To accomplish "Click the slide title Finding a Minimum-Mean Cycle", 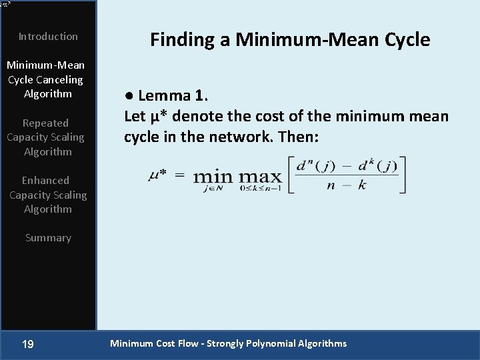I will [x=290, y=39].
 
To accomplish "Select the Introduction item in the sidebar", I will [x=48, y=37].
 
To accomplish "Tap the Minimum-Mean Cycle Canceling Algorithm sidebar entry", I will [x=46, y=79].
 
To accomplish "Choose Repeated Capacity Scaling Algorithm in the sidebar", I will [x=45, y=137].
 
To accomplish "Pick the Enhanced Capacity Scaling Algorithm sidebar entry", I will [x=47, y=195].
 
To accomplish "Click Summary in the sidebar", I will [x=48, y=238].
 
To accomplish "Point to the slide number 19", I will [x=28, y=344].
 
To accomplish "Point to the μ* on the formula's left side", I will [x=157, y=175].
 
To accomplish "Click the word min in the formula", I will [x=213, y=177].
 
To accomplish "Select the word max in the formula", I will [x=260, y=177].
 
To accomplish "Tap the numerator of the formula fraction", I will [x=346, y=166].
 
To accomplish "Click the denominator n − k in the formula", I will [x=346, y=185].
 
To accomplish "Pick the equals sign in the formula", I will [x=179, y=175].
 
